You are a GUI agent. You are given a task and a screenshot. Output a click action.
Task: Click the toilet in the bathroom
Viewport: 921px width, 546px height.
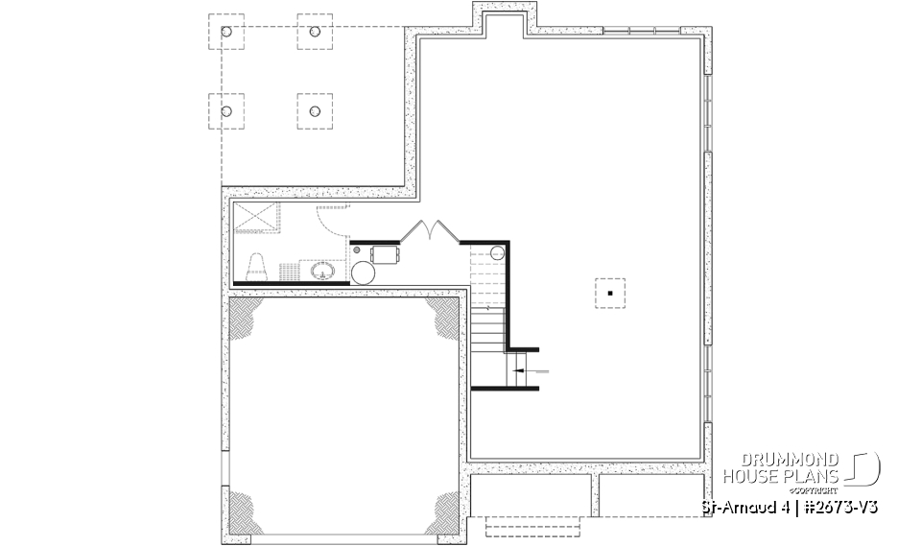(x=257, y=266)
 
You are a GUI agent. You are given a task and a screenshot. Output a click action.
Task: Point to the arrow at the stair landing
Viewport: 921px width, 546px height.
(x=529, y=369)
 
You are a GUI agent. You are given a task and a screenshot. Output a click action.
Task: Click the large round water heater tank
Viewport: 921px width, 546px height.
(x=366, y=272)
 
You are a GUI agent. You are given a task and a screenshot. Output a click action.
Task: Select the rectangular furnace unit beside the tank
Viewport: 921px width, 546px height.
(x=385, y=253)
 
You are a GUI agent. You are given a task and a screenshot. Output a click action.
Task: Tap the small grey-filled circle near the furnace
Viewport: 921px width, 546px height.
(x=359, y=251)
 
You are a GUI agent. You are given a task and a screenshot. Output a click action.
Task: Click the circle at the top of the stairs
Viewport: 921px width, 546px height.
(x=496, y=252)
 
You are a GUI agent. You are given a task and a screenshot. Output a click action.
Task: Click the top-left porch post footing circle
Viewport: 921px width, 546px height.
(x=226, y=33)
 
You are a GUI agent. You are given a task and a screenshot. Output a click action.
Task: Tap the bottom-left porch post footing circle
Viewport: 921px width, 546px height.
(x=226, y=111)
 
